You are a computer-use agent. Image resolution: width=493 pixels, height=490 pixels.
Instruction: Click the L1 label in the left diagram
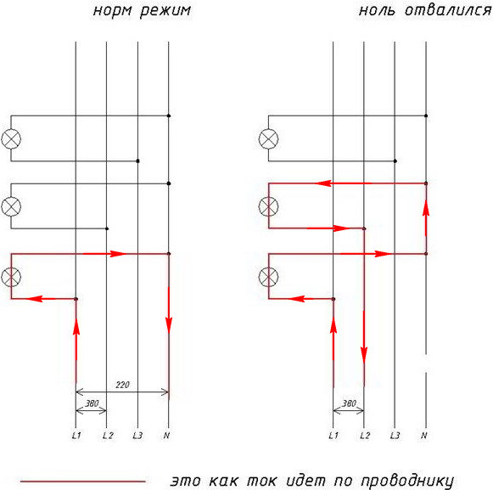[76, 436]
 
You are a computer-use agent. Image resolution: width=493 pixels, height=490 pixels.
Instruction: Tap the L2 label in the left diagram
[108, 436]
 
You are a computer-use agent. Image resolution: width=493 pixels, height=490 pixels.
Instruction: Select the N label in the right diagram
[423, 436]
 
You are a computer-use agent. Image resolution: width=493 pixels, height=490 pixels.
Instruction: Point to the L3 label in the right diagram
[395, 436]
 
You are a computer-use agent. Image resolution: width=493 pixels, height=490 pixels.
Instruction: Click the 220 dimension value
[123, 385]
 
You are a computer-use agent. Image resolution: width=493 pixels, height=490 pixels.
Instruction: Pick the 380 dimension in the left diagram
[92, 403]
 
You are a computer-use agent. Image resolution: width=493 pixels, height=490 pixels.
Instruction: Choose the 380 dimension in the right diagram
[350, 403]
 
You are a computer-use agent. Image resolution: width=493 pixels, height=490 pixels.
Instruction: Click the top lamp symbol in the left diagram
[11, 138]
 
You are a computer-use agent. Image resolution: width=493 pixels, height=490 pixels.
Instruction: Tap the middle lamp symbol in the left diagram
[11, 206]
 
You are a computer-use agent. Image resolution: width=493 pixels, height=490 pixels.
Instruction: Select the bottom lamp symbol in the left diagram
[11, 277]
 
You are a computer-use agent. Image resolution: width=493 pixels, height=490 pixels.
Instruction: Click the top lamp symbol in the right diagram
[268, 138]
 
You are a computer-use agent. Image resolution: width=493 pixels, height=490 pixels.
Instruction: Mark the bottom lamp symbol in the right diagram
[268, 277]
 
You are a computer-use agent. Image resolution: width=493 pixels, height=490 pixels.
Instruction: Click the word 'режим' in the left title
[165, 11]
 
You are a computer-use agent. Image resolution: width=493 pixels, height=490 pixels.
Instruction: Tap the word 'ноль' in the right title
[377, 11]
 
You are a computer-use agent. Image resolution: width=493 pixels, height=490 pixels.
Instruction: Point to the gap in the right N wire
[426, 363]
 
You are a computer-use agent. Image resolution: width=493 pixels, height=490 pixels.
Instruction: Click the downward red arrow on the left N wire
[169, 310]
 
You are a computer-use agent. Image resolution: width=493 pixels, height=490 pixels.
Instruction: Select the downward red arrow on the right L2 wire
[364, 337]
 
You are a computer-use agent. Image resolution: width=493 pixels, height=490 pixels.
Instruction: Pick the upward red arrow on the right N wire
[426, 217]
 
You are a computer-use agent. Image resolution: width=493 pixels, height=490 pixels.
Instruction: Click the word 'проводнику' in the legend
[407, 482]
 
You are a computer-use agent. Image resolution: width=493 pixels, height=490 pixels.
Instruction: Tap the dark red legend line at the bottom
[82, 482]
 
